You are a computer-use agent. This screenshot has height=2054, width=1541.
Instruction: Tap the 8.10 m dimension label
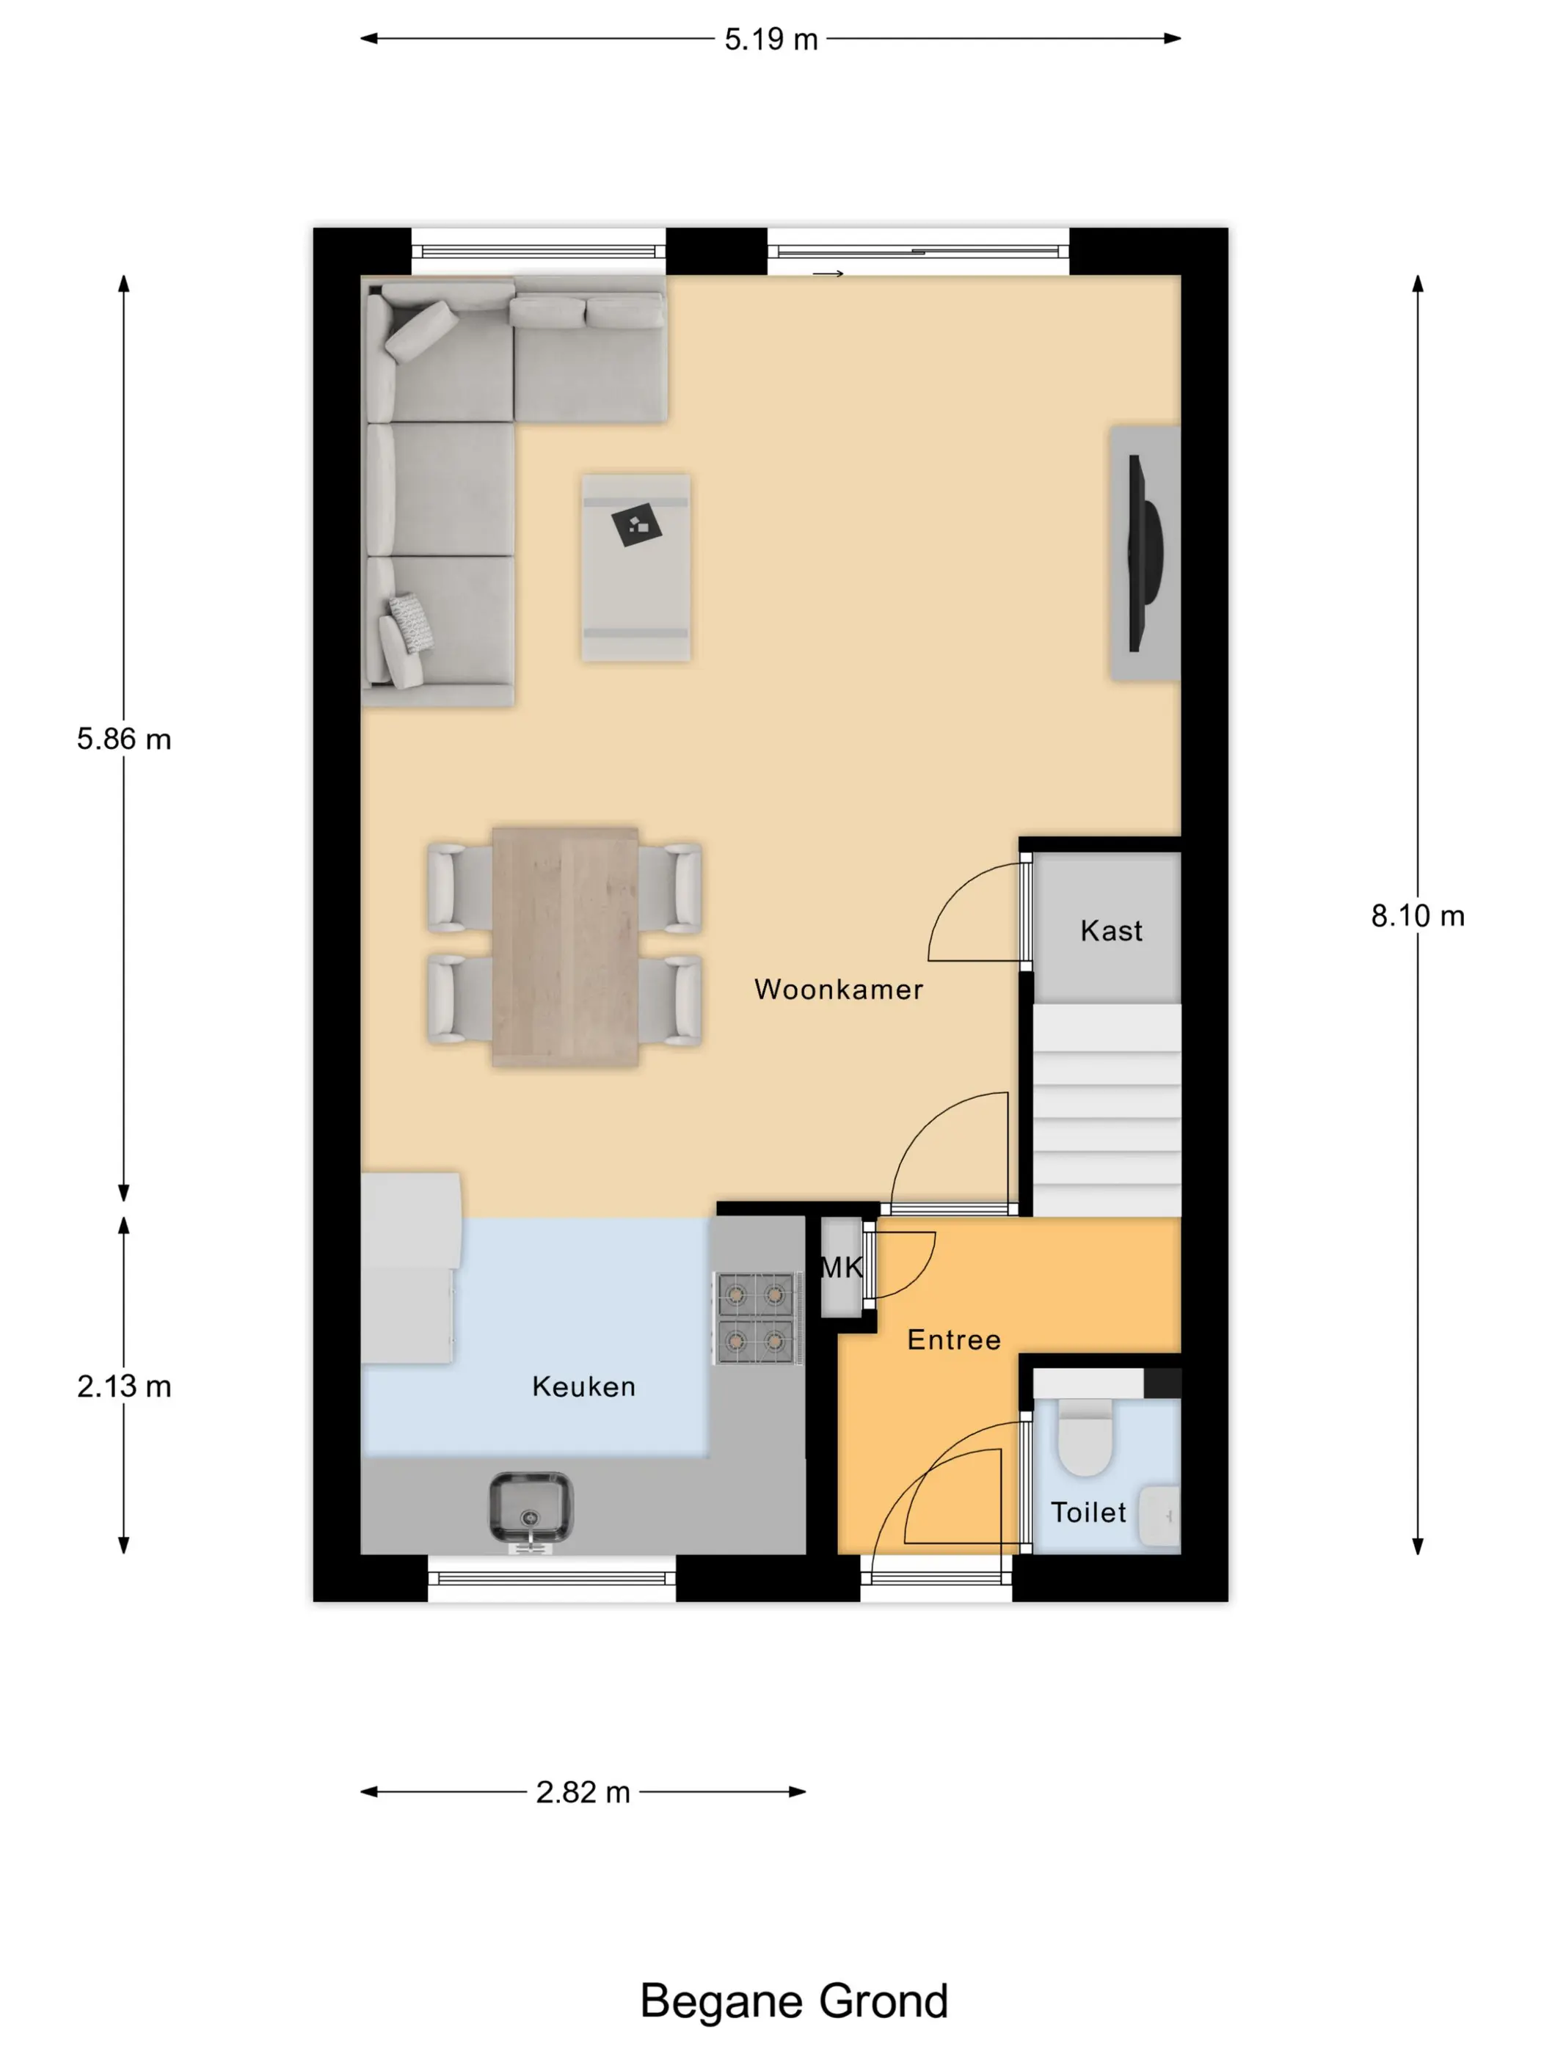[x=1418, y=915]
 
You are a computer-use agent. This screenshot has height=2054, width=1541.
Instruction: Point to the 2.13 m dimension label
[x=123, y=1386]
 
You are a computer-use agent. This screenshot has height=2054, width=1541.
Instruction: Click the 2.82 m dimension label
[x=583, y=1792]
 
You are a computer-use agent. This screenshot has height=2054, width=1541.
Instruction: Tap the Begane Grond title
[x=794, y=2002]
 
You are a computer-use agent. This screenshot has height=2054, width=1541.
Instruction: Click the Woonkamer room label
[x=839, y=989]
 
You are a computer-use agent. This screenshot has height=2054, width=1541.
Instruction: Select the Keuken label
[x=583, y=1386]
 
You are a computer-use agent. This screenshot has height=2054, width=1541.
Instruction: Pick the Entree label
[x=954, y=1340]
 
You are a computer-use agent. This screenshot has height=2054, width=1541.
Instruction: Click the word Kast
[x=1111, y=930]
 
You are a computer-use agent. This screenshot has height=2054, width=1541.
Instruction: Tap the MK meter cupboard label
[x=842, y=1268]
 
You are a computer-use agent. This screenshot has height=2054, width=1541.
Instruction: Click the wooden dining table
[x=565, y=946]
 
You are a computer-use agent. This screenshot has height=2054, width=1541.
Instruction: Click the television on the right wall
[x=1143, y=553]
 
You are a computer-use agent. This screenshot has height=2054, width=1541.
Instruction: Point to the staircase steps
[x=1107, y=1110]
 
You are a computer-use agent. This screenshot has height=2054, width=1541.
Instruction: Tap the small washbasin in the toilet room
[x=1159, y=1516]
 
